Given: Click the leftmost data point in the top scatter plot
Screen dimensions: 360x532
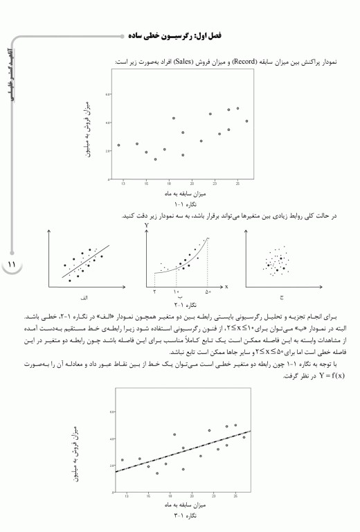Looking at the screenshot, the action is [119, 145].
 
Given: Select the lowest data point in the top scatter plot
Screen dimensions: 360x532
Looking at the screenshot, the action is [156, 159].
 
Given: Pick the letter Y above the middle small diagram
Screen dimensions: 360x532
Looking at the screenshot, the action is [147, 227].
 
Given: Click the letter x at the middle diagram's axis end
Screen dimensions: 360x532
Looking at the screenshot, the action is [226, 285].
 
